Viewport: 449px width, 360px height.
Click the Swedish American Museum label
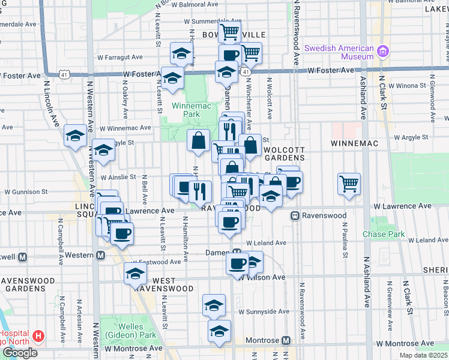click(339, 52)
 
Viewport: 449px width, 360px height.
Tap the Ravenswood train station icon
click(295, 215)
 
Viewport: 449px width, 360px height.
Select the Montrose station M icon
click(286, 340)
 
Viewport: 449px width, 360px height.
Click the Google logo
click(20, 353)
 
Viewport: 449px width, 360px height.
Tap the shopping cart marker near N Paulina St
click(349, 183)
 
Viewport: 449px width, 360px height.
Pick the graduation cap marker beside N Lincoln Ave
click(76, 136)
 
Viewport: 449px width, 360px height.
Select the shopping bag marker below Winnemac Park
click(198, 141)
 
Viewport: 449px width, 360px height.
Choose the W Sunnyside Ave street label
click(264, 312)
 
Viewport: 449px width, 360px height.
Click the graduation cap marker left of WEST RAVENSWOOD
click(135, 274)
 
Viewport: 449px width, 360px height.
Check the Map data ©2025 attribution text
click(423, 355)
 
